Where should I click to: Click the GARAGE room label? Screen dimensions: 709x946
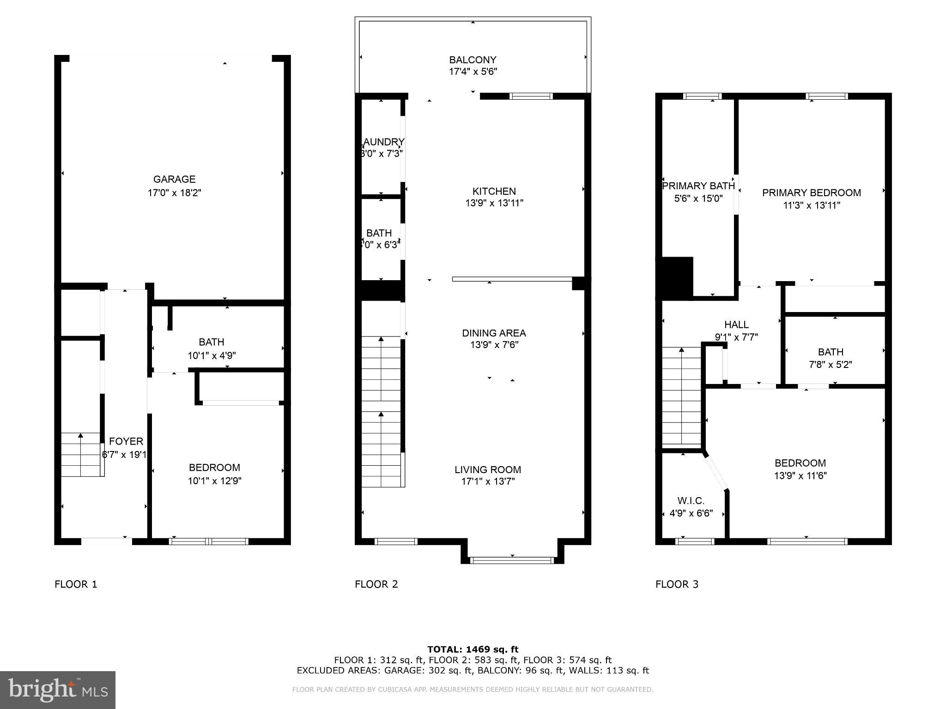pyautogui.click(x=174, y=179)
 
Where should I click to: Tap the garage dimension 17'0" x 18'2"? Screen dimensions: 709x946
pyautogui.click(x=174, y=192)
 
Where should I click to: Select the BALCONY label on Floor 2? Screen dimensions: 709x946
pyautogui.click(x=473, y=60)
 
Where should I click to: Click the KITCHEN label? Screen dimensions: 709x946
pyautogui.click(x=494, y=191)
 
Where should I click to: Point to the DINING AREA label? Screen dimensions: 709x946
pyautogui.click(x=494, y=333)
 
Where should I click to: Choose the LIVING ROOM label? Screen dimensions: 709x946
pyautogui.click(x=487, y=469)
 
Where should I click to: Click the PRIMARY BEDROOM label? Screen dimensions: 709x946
pyautogui.click(x=811, y=192)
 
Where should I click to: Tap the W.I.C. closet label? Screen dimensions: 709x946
pyautogui.click(x=691, y=501)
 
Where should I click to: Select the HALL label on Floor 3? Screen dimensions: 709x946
pyautogui.click(x=736, y=324)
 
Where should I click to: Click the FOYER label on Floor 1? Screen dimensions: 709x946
pyautogui.click(x=126, y=441)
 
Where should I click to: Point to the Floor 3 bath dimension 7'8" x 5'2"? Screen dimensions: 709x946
pyautogui.click(x=830, y=364)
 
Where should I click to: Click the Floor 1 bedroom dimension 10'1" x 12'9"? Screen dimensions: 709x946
pyautogui.click(x=214, y=481)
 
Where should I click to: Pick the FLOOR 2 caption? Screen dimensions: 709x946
pyautogui.click(x=376, y=584)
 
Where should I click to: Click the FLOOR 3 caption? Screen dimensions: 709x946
pyautogui.click(x=677, y=584)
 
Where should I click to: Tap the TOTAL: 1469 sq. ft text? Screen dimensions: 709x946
pyautogui.click(x=473, y=649)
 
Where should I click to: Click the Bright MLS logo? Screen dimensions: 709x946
pyautogui.click(x=58, y=690)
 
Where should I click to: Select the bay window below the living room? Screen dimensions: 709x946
pyautogui.click(x=512, y=560)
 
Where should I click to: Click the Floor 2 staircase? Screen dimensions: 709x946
pyautogui.click(x=381, y=411)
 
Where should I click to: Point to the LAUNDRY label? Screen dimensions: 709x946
pyautogui.click(x=383, y=142)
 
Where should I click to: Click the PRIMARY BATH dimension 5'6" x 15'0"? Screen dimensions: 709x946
pyautogui.click(x=698, y=198)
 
